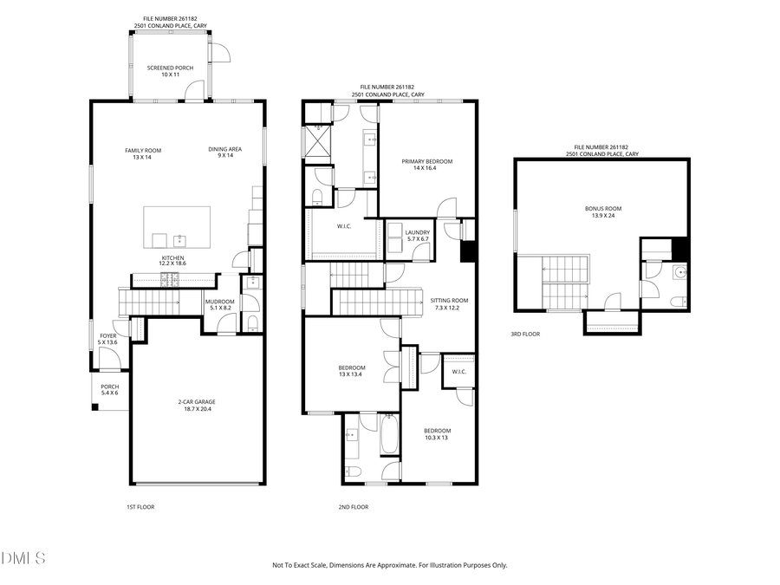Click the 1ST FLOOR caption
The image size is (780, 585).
(x=140, y=507)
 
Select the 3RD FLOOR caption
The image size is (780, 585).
(x=525, y=334)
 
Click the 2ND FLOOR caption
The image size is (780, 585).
(x=353, y=507)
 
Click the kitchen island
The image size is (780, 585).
(x=177, y=227)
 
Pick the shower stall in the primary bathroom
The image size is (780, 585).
(x=315, y=140)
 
